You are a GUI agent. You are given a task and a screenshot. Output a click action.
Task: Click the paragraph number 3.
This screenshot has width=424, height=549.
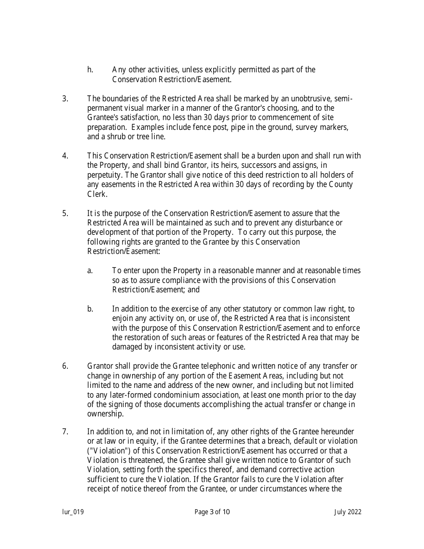(65, 99)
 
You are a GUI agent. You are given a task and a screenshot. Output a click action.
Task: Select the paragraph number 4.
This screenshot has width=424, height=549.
(65, 156)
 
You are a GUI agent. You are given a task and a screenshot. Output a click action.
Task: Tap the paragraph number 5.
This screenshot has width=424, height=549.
(65, 213)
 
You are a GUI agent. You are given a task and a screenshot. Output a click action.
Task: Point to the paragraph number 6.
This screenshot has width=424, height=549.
(65, 366)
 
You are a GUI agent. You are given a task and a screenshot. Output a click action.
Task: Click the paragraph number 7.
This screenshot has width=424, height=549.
(65, 432)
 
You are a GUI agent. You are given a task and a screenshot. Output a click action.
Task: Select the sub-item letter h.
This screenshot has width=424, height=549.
(90, 70)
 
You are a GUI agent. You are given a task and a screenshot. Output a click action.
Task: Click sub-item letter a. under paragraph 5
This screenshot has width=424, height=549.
(90, 270)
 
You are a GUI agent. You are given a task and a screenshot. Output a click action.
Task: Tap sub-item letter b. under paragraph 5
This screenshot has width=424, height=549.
(90, 309)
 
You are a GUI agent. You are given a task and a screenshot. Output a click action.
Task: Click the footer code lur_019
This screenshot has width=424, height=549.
(73, 512)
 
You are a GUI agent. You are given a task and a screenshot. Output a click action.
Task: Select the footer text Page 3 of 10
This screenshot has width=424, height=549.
(212, 512)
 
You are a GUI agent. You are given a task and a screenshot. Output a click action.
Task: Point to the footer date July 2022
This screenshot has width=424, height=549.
(348, 512)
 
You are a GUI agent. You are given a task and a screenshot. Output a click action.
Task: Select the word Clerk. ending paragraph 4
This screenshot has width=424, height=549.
(97, 194)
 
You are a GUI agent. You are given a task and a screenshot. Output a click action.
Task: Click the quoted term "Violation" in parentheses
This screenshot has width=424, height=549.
(106, 451)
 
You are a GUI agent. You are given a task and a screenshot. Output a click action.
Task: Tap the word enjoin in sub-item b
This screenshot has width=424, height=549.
(122, 318)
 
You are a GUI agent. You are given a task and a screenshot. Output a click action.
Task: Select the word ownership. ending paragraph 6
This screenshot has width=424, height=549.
(105, 414)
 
